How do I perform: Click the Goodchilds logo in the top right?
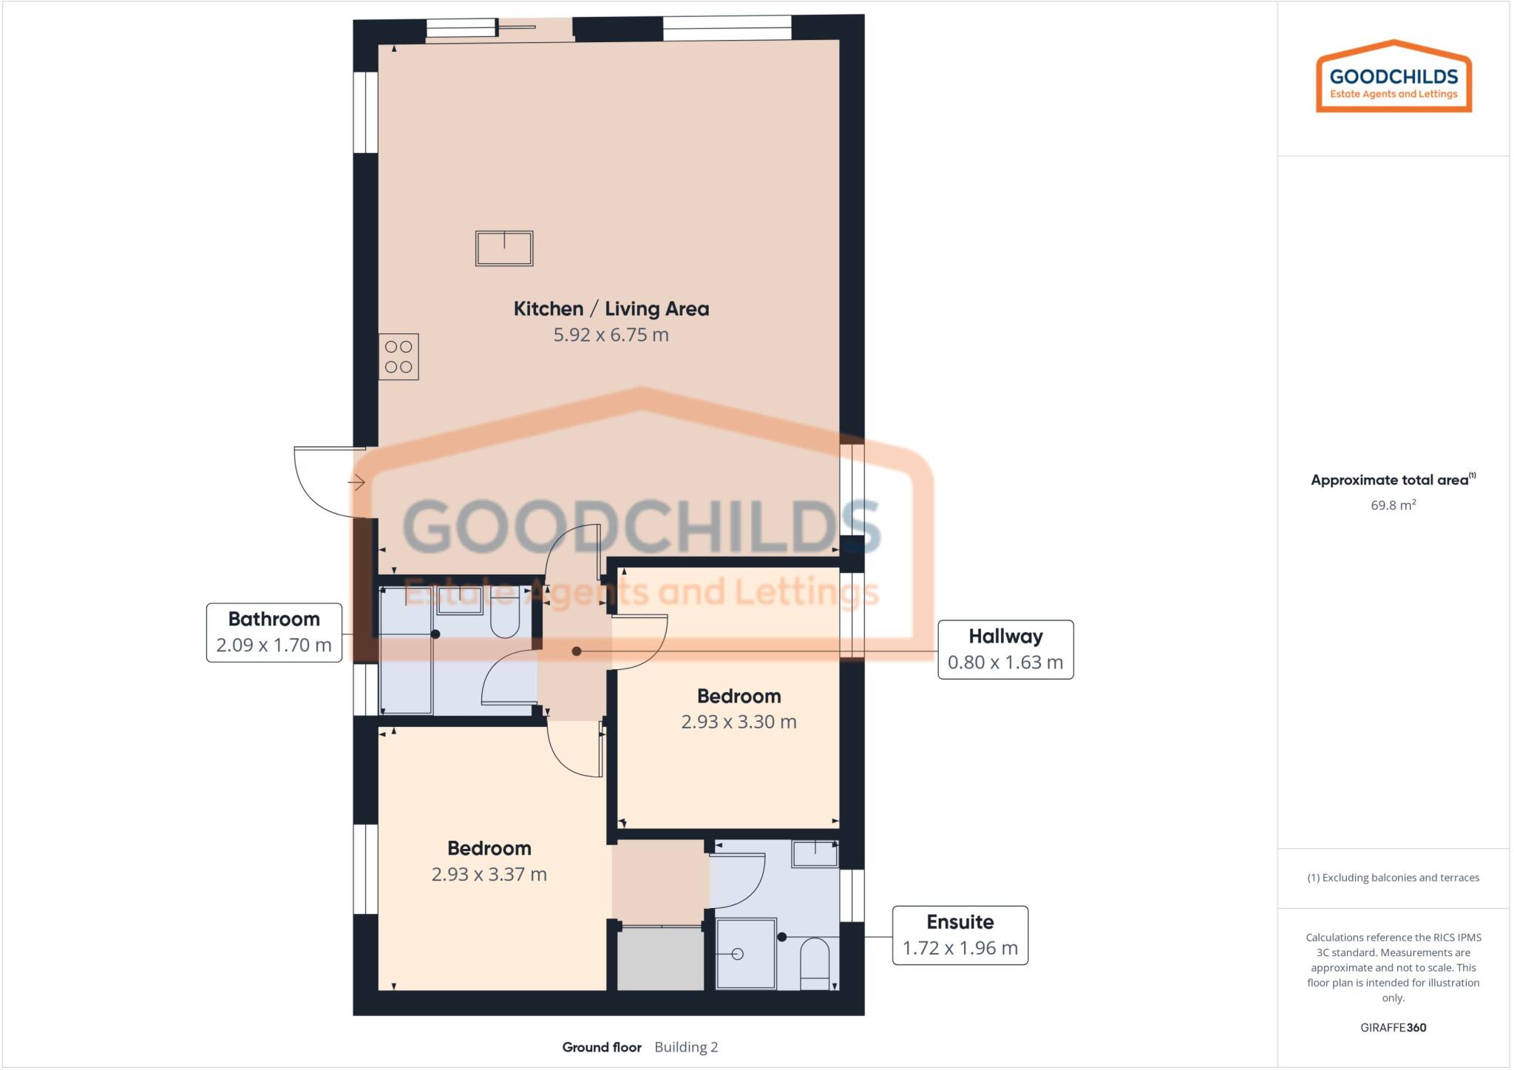(1394, 77)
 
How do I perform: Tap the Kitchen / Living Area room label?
(611, 309)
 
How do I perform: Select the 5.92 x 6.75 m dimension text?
(611, 335)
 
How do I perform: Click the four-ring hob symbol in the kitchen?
(398, 356)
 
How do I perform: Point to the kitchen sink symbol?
(504, 248)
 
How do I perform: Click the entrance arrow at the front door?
(356, 483)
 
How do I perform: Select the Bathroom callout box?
(274, 632)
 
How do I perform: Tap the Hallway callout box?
(1005, 649)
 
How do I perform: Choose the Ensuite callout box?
(960, 935)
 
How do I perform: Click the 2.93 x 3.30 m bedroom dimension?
(739, 722)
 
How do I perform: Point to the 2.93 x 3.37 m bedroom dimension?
(489, 874)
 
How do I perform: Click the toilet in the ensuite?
(815, 962)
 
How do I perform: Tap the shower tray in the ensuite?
(746, 953)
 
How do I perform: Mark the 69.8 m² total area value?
(1393, 505)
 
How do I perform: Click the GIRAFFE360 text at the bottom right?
(1393, 1027)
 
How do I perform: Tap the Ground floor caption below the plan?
(601, 1047)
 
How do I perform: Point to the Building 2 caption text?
(686, 1047)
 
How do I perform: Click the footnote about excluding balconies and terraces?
(1393, 878)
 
